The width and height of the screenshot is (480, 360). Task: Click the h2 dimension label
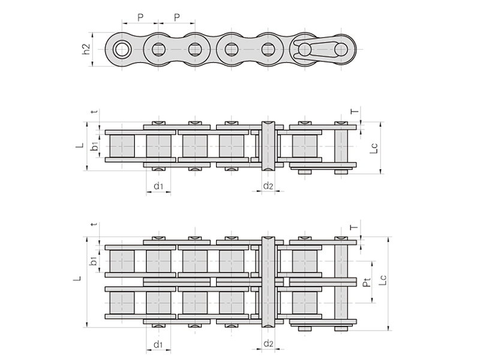coord(87,49)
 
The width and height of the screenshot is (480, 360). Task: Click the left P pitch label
coord(140,17)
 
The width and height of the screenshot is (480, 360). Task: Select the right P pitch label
coord(177,17)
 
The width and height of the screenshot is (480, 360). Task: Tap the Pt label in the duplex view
coord(367,282)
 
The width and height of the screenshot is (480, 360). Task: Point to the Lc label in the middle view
coord(374,148)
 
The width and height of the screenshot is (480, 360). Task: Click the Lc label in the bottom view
coord(383,280)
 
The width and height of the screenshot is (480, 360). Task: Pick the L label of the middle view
coord(80,145)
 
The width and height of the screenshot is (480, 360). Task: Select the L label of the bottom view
coord(79,278)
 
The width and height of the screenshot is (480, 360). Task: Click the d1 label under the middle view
coord(158,186)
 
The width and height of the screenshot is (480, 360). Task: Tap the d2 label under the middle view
coord(268,185)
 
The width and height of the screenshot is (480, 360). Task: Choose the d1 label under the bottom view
coord(158,344)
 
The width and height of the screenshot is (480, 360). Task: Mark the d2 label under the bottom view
coord(268,344)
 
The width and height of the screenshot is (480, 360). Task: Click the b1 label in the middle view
coord(95,146)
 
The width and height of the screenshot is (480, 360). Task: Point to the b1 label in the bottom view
coord(94,261)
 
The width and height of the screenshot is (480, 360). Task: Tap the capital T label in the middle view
coord(355,111)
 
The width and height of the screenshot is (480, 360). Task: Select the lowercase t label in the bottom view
coord(94,224)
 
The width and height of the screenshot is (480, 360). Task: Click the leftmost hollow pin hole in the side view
coord(122,49)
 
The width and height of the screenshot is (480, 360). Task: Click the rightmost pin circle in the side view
coord(341,49)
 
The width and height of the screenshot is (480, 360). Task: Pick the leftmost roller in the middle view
coord(122,146)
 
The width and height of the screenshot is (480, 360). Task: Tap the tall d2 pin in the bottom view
coord(268,282)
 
